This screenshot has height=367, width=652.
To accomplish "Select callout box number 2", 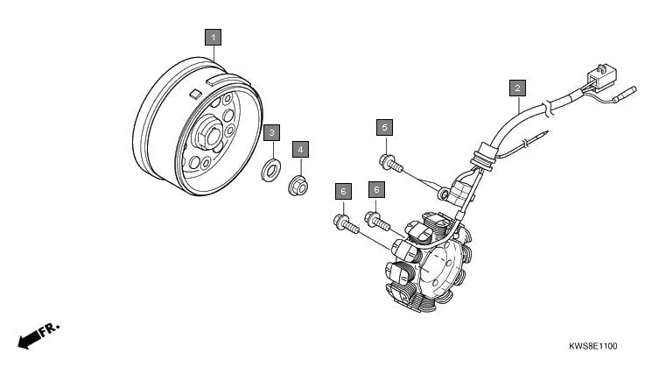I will (x=517, y=88).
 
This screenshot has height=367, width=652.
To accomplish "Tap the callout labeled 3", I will (x=272, y=132).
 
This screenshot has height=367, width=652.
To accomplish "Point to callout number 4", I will (x=300, y=149).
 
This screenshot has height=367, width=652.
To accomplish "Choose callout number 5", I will (x=384, y=128).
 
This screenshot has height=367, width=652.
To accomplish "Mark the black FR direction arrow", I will (x=29, y=338).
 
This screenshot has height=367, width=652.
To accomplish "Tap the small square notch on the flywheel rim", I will (x=195, y=90).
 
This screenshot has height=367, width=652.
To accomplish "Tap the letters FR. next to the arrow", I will (x=50, y=329).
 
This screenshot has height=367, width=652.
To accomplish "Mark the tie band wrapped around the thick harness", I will (x=546, y=111).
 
